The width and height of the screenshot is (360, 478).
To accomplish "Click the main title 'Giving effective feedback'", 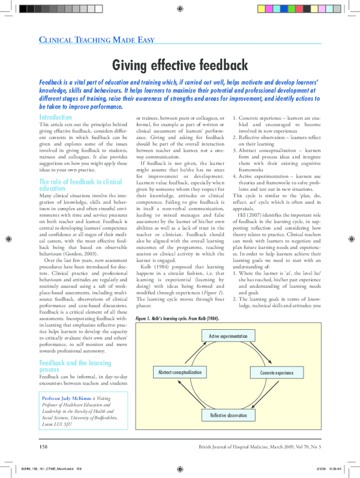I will coord(179,64).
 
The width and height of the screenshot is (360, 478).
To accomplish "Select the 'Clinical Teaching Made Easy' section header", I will coord(97,41).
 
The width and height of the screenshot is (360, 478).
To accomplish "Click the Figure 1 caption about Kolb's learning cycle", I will coord(177,318).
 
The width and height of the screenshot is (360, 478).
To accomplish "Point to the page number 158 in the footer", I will coord(44,447).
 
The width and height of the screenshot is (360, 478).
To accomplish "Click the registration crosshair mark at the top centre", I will coord(180,9).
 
